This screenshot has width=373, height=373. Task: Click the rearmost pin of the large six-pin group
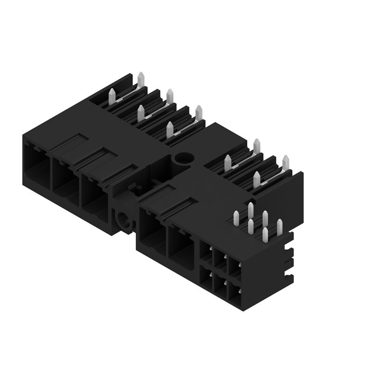pyautogui.click(x=141, y=79)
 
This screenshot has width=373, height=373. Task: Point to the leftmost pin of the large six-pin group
pyautogui.click(x=111, y=96)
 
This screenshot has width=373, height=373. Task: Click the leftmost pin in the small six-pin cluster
pyautogui.click(x=236, y=218)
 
